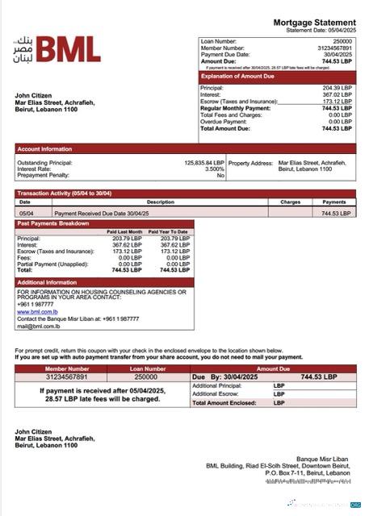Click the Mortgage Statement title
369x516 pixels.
click(x=314, y=22)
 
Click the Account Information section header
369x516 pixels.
click(x=45, y=149)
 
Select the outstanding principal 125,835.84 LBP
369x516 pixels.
click(x=203, y=162)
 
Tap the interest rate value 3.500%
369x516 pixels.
click(x=214, y=169)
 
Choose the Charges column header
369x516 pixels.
click(x=290, y=202)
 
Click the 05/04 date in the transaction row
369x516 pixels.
click(x=26, y=213)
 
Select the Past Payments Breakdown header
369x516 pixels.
click(x=53, y=223)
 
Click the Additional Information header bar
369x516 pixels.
click(x=47, y=282)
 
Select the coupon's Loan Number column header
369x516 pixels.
click(x=145, y=368)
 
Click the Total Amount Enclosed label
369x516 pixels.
click(x=224, y=402)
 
